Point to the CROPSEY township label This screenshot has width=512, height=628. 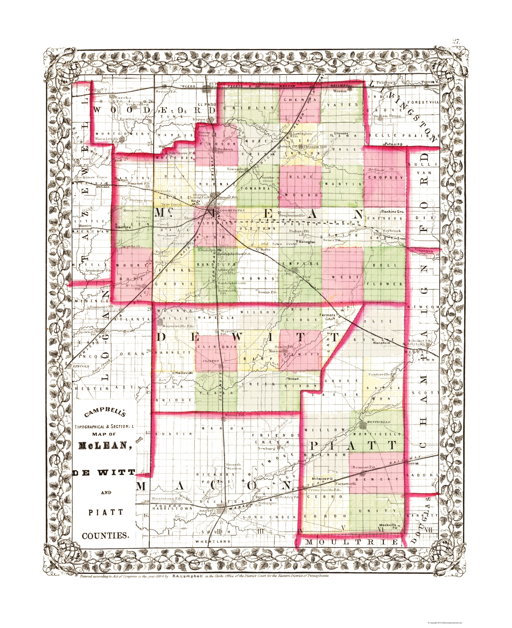[385, 178]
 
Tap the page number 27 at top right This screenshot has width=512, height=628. [456, 41]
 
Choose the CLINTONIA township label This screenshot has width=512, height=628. [217, 347]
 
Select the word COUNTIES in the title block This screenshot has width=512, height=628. [105, 535]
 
